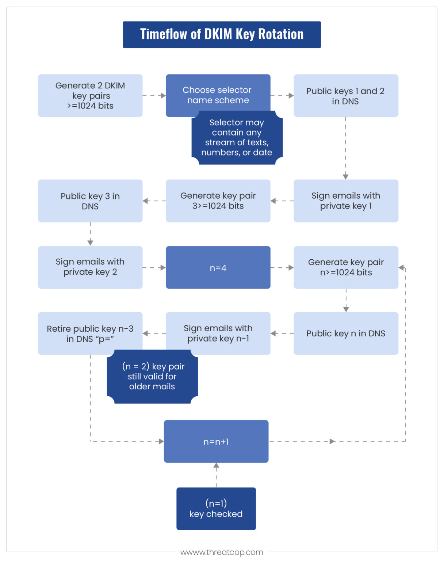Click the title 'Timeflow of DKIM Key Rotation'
[x=222, y=34]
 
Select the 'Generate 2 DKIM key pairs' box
[x=90, y=96]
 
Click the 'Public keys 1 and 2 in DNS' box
[x=346, y=96]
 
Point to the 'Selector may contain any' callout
[x=237, y=138]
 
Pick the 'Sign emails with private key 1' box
[x=346, y=201]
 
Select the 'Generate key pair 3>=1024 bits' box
[x=218, y=201]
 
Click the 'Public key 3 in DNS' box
[x=90, y=201]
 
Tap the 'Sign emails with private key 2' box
[x=90, y=267]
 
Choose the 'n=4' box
[x=218, y=267]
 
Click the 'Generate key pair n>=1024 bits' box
[x=346, y=267]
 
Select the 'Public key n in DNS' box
[x=346, y=333]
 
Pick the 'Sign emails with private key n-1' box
[x=218, y=333]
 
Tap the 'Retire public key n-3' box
[x=90, y=333]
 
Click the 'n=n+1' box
[x=216, y=441]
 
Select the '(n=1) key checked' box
[x=216, y=508]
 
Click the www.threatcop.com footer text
[x=222, y=552]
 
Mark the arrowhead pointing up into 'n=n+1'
[x=216, y=466]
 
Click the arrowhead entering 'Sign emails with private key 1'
[x=345, y=177]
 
